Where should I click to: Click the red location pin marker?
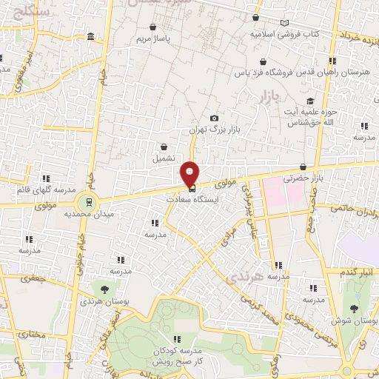pyautogui.click(x=189, y=172)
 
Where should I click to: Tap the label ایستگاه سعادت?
pyautogui.click(x=189, y=200)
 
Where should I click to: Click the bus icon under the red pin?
pyautogui.click(x=189, y=189)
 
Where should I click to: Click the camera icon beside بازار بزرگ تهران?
pyautogui.click(x=215, y=118)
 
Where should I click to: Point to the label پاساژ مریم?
pyautogui.click(x=156, y=37)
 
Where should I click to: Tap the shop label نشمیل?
pyautogui.click(x=164, y=158)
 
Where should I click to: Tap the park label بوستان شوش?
pyautogui.click(x=360, y=322)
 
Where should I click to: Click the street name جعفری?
pyautogui.click(x=34, y=278)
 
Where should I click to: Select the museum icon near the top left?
pyautogui.click(x=90, y=37)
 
